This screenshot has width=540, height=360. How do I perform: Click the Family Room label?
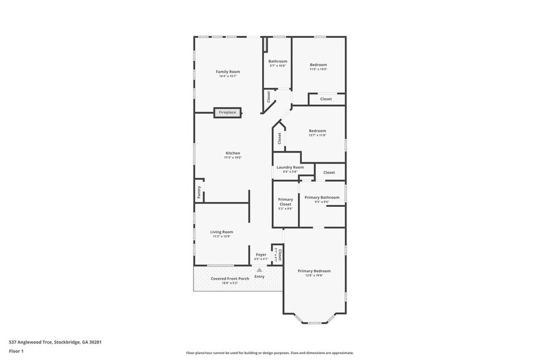tap(227, 72)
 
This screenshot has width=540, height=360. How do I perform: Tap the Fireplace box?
tap(228, 113)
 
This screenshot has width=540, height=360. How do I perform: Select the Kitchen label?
tap(233, 153)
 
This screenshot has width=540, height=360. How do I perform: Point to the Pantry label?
tap(199, 192)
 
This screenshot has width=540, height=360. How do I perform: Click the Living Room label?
tap(222, 232)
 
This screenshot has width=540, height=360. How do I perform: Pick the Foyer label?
tap(261, 254)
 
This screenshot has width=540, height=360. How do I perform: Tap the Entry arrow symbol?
tap(260, 269)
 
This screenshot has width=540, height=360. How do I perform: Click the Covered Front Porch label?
tap(225, 279)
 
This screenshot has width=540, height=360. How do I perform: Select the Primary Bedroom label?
tap(314, 271)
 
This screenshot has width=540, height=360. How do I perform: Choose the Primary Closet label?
tap(285, 202)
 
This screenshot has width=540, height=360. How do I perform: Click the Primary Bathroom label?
tap(322, 198)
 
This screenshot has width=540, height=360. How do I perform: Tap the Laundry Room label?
tap(290, 167)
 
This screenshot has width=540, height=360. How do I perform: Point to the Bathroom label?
tap(278, 61)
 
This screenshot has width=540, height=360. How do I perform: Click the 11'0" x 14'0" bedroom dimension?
tap(318, 69)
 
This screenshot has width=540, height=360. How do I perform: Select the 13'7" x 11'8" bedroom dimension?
tap(317, 135)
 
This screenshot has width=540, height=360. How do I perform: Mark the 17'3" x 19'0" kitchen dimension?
tap(233, 158)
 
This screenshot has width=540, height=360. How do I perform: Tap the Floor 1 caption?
tap(16, 351)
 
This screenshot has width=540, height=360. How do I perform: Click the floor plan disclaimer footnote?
tap(269, 353)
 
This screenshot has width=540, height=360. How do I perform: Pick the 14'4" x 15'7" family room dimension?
tap(227, 77)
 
